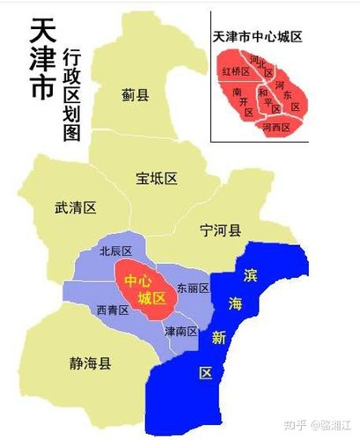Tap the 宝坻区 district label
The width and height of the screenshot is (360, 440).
coord(157,179)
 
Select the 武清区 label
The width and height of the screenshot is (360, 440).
coord(75,208)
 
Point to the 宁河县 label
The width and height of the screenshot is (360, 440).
coord(220,231)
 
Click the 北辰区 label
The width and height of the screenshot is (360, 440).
coord(115,251)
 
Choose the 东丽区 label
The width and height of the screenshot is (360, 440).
coord(192,288)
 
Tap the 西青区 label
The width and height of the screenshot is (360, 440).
coord(113,310)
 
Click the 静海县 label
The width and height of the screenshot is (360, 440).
coord(67,362)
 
